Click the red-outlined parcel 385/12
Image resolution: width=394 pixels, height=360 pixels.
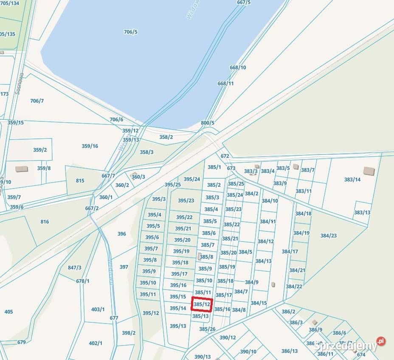pyautogui.click(x=202, y=304)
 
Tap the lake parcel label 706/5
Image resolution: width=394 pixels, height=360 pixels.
pyautogui.click(x=130, y=32)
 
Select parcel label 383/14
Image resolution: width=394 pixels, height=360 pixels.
pyautogui.click(x=352, y=179)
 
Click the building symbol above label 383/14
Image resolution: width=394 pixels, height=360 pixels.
pyautogui.click(x=369, y=171)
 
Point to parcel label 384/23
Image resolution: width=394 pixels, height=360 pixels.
pyautogui.click(x=328, y=236)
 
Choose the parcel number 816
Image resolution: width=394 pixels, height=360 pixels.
pyautogui.click(x=45, y=222)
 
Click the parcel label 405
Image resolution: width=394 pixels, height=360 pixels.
pyautogui.click(x=8, y=312)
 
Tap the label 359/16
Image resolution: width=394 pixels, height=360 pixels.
pyautogui.click(x=90, y=146)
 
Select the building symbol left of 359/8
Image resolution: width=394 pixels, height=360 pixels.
pyautogui.click(x=21, y=169)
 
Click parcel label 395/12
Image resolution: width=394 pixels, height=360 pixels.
pyautogui.click(x=150, y=313)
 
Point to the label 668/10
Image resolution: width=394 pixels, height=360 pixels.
pyautogui.click(x=238, y=67)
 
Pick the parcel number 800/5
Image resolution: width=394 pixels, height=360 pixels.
pyautogui.click(x=208, y=123)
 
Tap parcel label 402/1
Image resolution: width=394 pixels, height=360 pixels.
pyautogui.click(x=96, y=343)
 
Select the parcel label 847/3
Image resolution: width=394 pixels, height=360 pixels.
pyautogui.click(x=74, y=267)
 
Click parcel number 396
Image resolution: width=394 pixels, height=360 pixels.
pyautogui.click(x=122, y=233)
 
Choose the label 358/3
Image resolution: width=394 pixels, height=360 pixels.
pyautogui.click(x=146, y=152)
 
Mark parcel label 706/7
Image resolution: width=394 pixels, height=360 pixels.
pyautogui.click(x=37, y=101)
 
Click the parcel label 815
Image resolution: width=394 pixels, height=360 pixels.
pyautogui.click(x=80, y=180)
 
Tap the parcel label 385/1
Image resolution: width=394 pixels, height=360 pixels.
pyautogui.click(x=214, y=167)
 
